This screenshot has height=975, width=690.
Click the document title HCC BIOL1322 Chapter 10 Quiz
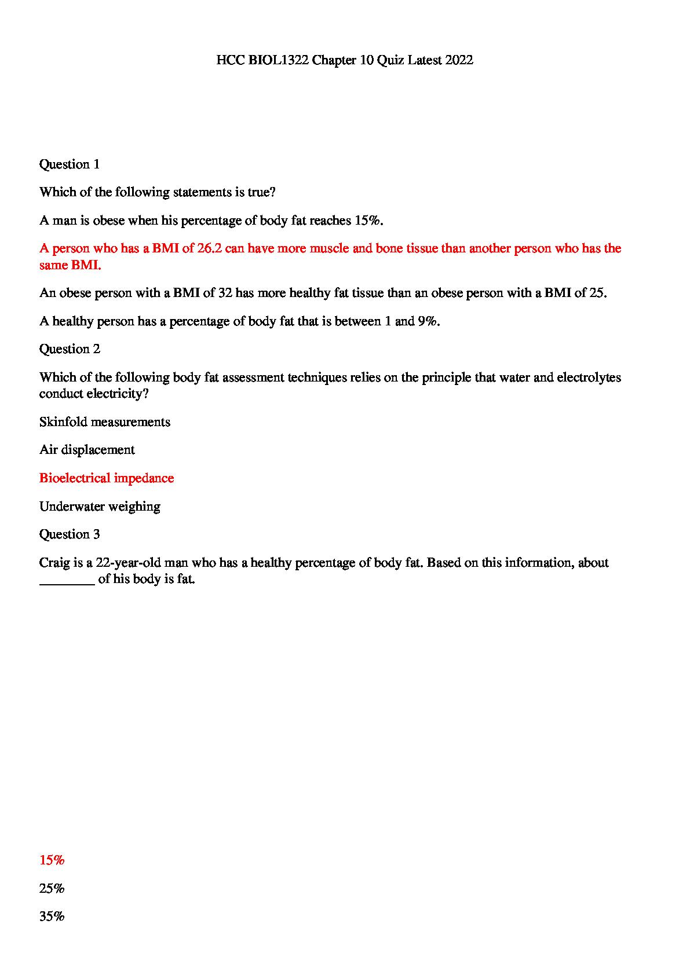[345, 60]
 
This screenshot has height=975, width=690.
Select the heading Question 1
[70, 164]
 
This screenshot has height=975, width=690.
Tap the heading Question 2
[70, 349]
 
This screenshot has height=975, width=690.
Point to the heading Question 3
[70, 534]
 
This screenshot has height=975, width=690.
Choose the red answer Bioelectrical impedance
[107, 478]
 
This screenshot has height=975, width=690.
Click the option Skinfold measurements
[105, 422]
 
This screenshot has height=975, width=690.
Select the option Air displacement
[87, 450]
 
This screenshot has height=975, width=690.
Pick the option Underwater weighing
[100, 507]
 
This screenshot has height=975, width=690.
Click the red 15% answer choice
[52, 860]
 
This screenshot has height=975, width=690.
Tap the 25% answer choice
[52, 889]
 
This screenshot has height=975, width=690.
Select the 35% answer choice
[52, 917]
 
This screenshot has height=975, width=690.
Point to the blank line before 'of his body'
[67, 580]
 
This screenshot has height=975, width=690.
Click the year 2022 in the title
[459, 60]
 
